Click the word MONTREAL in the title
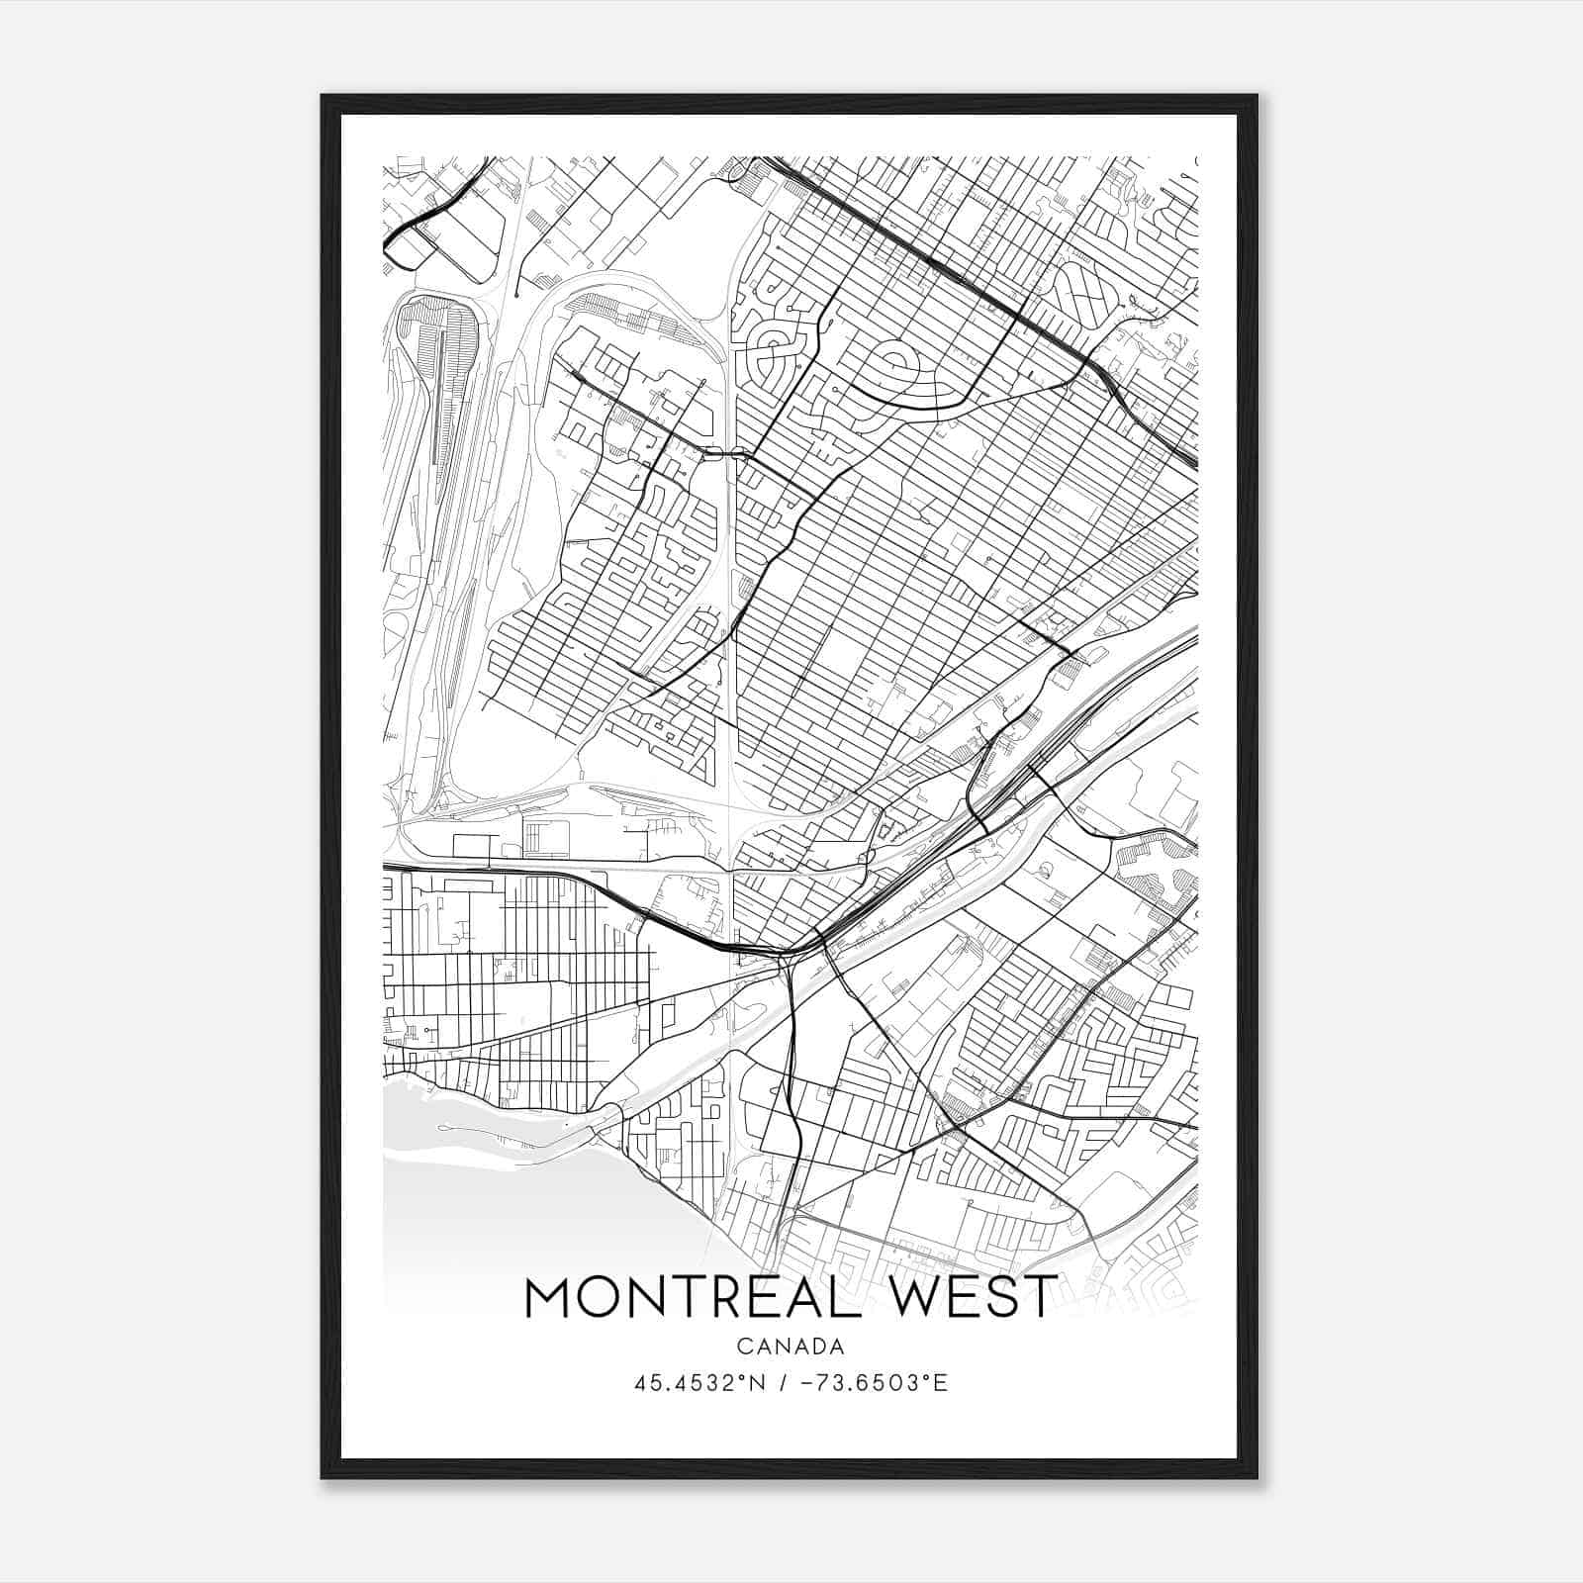(x=680, y=1297)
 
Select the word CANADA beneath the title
(x=791, y=1347)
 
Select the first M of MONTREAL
(x=547, y=1297)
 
